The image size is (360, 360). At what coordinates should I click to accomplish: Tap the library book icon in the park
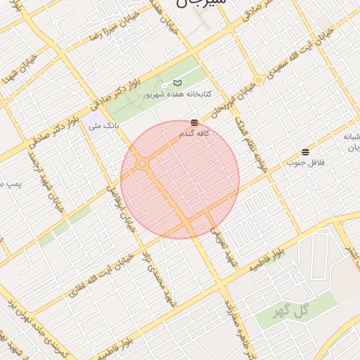[177, 82]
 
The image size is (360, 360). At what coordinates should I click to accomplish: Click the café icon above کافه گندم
[194, 122]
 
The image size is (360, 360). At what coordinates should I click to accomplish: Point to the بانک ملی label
[103, 127]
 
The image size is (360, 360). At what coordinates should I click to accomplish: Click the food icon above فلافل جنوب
[305, 152]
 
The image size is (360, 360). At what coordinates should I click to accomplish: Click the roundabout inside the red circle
[143, 164]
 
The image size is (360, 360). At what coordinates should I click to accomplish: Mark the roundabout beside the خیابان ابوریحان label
[259, 80]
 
